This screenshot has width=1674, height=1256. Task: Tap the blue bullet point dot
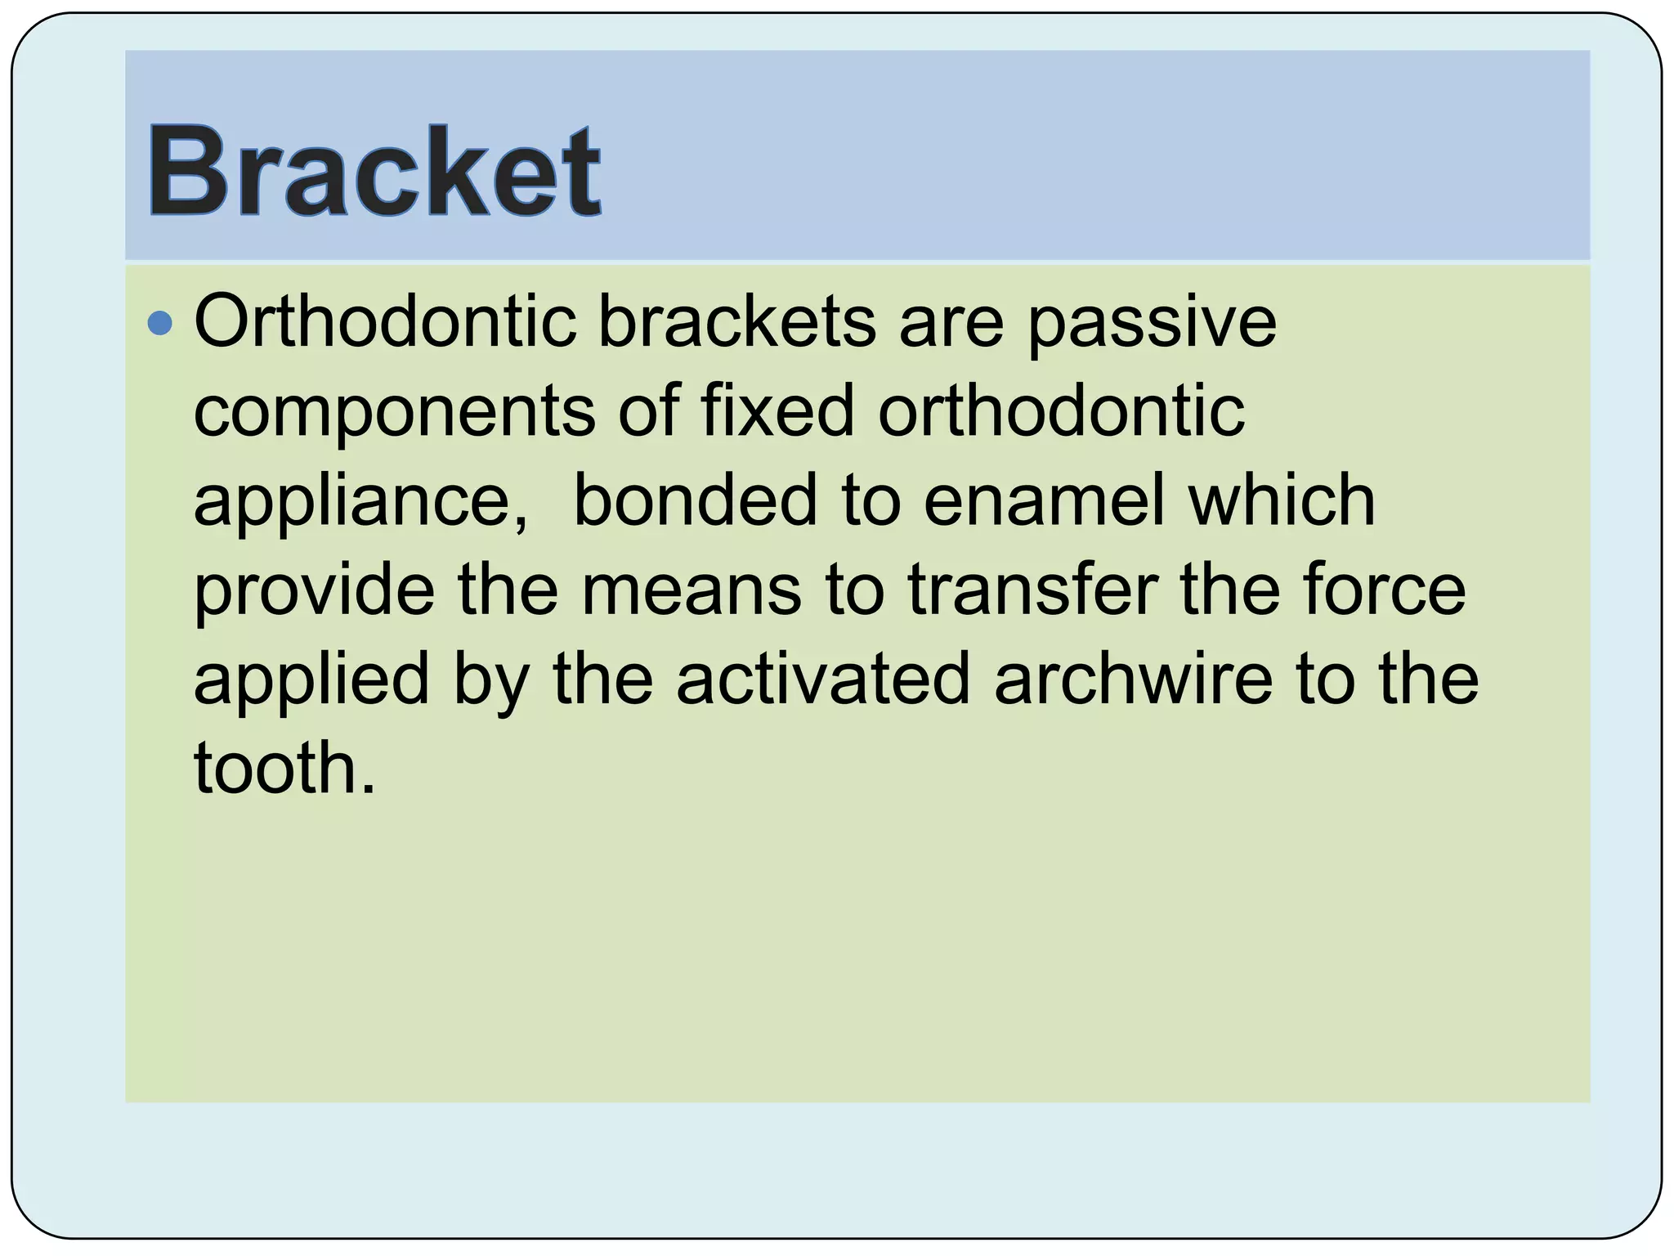pyautogui.click(x=160, y=325)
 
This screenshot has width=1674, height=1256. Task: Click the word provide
pyautogui.click(x=314, y=590)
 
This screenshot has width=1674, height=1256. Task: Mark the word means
pyautogui.click(x=692, y=590)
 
